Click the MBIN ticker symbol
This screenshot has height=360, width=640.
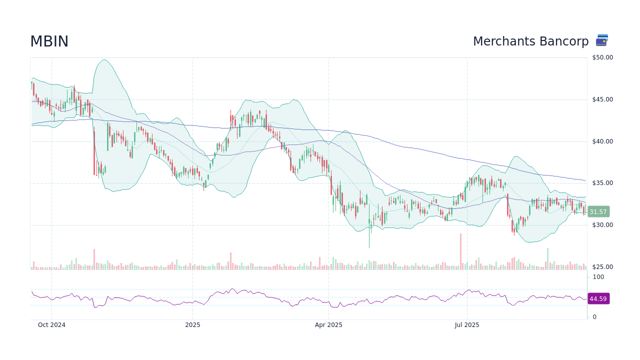point(49,42)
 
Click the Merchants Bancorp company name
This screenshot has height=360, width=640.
point(530,41)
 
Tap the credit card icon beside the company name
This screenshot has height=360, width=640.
point(602,40)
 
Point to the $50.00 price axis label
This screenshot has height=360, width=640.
point(602,57)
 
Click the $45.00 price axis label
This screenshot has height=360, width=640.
point(602,99)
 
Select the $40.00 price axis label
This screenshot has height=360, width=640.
point(602,141)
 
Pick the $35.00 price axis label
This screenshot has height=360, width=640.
point(602,183)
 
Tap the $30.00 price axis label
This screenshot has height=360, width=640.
point(602,225)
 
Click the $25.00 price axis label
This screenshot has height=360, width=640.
point(602,267)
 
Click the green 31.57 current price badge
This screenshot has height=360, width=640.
point(598,212)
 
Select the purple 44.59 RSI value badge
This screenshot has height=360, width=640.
point(598,299)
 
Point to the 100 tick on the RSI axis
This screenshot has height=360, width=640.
point(598,277)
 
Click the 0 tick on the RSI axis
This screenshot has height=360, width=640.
point(594,317)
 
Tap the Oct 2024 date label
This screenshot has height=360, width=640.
point(51,325)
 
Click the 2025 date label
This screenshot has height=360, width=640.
point(192,325)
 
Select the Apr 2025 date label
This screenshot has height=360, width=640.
point(328,325)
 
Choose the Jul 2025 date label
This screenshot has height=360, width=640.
point(467,325)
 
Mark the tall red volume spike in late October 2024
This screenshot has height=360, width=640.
point(94,259)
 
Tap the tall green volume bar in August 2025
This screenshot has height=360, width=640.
point(547,259)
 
